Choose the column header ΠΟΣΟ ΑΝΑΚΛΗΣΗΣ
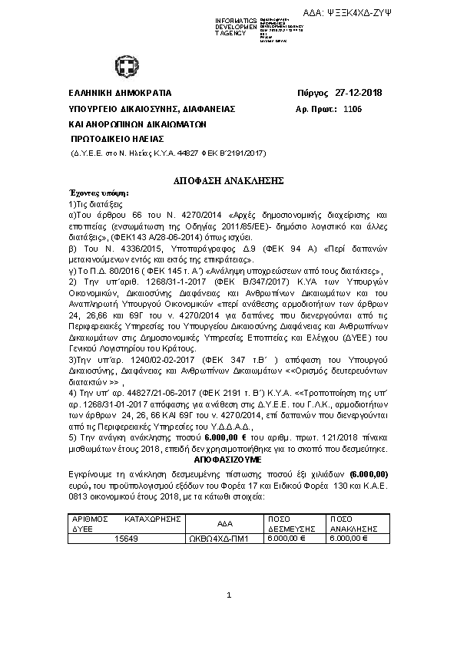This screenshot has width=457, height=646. tap(353, 523)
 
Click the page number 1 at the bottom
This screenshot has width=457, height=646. tap(229, 595)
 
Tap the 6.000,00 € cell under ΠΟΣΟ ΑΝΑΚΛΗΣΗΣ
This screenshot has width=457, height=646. tap(349, 539)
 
